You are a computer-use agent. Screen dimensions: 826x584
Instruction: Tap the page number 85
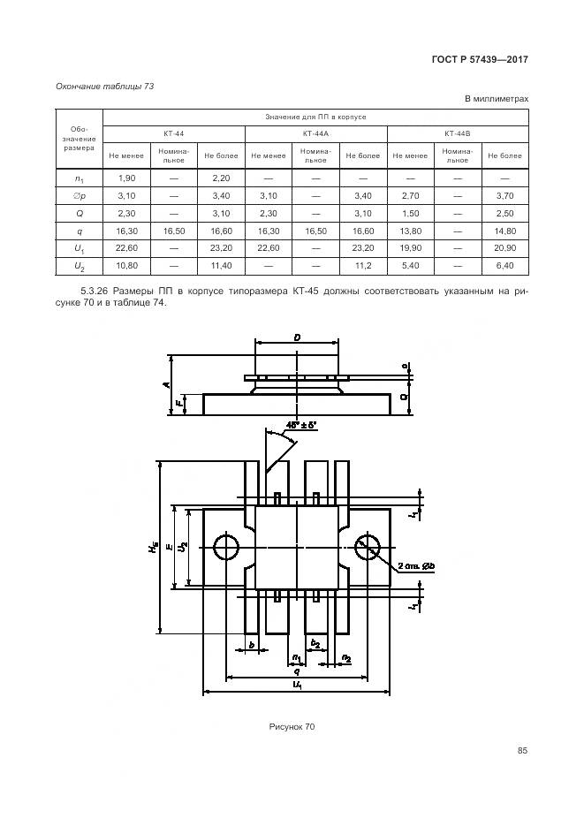pos(522,751)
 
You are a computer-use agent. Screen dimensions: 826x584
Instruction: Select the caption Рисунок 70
pos(292,726)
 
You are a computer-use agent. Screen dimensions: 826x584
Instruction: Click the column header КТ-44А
pos(315,133)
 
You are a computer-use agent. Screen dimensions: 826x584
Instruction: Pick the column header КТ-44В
pos(457,133)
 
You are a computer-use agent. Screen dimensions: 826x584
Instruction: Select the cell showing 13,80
pos(409,230)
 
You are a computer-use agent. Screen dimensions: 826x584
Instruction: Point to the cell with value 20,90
pos(504,247)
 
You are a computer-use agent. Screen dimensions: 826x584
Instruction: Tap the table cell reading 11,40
pos(220,265)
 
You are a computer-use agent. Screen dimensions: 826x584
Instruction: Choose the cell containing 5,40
pos(409,265)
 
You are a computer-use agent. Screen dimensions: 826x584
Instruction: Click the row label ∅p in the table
pos(79,195)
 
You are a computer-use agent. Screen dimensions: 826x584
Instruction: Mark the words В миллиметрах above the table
pos(496,99)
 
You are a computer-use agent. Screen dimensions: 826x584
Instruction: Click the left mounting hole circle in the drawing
pos(227,547)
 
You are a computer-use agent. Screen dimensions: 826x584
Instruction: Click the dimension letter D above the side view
pos(297,337)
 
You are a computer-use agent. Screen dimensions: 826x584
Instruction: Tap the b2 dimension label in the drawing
pos(315,642)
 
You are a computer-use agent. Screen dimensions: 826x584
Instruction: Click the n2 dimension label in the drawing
pos(345,658)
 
